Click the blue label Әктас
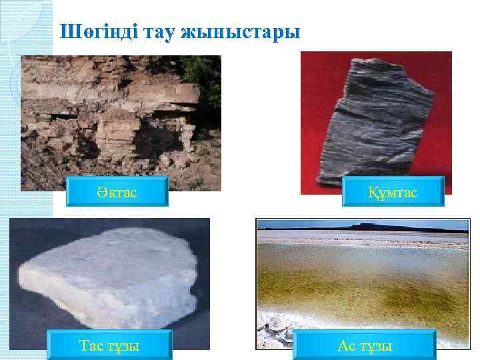coord(119,193)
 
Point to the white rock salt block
coord(107,280)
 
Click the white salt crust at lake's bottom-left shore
coord(273,330)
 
